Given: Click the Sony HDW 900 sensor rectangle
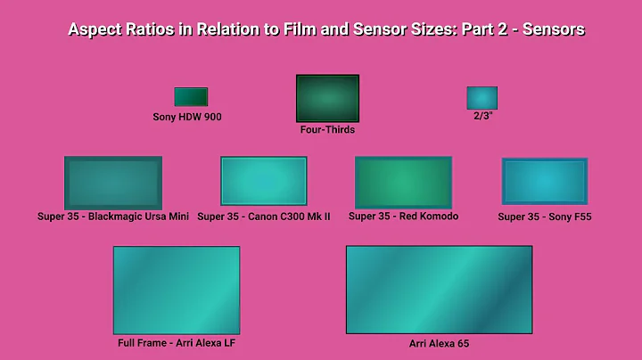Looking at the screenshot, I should point(191,97).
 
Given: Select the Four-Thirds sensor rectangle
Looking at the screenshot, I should point(327,98).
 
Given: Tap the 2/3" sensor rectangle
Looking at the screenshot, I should point(481,98).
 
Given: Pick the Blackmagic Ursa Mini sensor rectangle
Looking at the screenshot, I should point(113,183).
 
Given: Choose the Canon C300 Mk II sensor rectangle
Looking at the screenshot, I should point(264,181).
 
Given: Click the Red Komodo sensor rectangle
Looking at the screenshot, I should point(403,183).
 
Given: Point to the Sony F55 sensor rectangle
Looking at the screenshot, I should point(545,182).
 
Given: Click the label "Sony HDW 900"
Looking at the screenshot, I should point(187,117).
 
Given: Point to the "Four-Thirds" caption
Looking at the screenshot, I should point(327,130).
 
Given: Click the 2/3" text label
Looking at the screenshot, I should point(482,116).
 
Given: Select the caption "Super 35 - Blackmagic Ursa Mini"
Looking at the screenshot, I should point(113,217).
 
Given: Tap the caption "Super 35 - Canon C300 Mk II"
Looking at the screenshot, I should point(264,217).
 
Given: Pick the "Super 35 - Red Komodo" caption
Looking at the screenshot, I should point(403,217).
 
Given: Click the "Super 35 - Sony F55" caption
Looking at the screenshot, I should point(545,217).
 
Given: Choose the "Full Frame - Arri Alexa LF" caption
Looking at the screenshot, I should point(177,342).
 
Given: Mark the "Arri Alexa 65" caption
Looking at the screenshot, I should point(439,342).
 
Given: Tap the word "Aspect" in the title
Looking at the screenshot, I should point(95,29).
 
